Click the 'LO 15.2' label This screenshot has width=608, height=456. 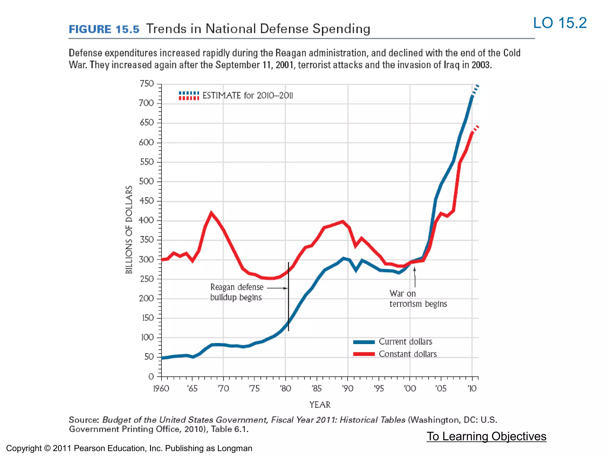point(560,23)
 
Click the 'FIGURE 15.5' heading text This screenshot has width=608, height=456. point(104,29)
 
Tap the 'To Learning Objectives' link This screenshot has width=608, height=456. point(486,436)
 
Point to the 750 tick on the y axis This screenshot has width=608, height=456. point(147,84)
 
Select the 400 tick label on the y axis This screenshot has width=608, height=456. point(146,220)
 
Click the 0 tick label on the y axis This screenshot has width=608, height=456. point(151,376)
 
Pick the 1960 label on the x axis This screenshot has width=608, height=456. point(161,388)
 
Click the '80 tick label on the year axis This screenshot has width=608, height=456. point(285,388)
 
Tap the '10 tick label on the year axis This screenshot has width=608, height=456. point(472,388)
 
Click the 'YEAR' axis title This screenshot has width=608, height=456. point(320,405)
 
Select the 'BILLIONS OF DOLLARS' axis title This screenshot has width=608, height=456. point(129,229)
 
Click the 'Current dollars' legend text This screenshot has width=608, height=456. point(405,342)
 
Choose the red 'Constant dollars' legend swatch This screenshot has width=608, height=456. point(364,354)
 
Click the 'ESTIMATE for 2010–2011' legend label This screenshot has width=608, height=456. point(248,96)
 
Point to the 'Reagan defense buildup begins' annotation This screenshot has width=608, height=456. point(236,292)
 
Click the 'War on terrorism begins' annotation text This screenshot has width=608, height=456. point(418,299)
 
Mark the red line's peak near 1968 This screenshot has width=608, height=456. point(211,213)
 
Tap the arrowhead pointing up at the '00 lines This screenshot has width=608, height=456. point(414,269)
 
